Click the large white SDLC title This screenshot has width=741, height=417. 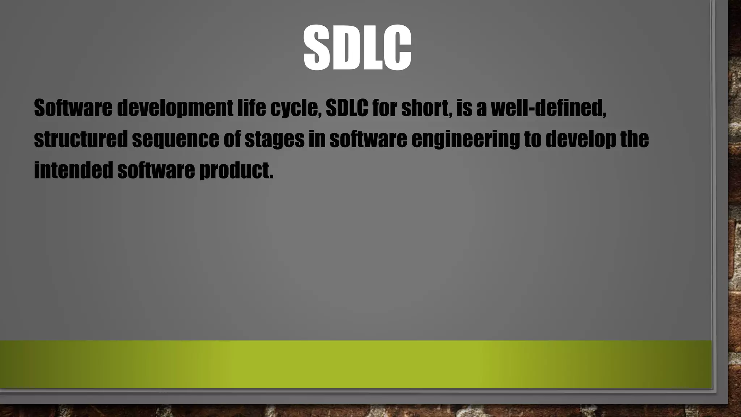click(357, 47)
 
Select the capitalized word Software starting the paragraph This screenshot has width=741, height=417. click(73, 108)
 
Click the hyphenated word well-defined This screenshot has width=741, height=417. click(548, 108)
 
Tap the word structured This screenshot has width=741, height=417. click(81, 139)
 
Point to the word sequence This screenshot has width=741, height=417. click(175, 139)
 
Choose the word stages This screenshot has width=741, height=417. click(275, 139)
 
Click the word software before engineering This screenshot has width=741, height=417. click(368, 139)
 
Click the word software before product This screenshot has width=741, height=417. click(156, 170)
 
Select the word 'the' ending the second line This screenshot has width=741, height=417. click(635, 139)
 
